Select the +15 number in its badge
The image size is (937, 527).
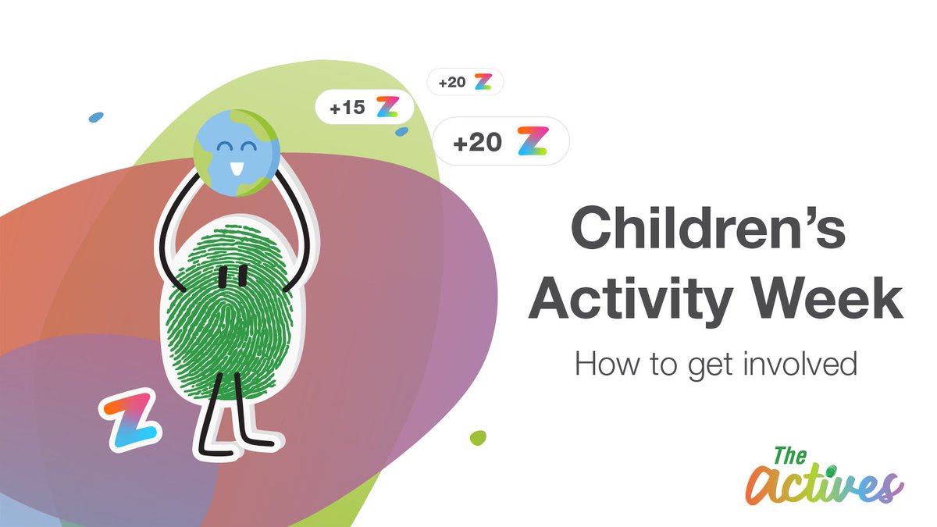click(347, 108)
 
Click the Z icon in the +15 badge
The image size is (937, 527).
click(387, 107)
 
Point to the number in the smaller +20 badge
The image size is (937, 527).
click(452, 82)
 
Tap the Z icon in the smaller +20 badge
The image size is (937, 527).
click(483, 81)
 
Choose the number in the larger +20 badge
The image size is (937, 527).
click(477, 143)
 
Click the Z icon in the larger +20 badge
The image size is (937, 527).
click(533, 141)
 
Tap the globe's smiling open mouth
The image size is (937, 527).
click(235, 166)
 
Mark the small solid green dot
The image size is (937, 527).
click(478, 437)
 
